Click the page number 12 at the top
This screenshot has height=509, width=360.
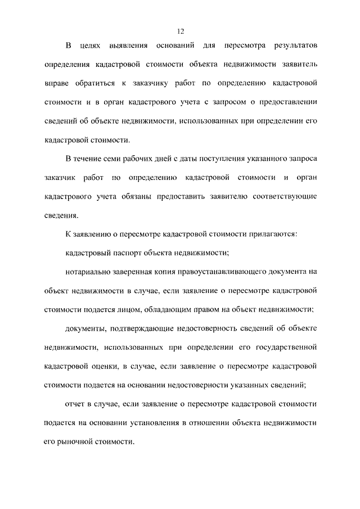pos(180,31)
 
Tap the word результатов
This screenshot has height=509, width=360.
pos(295,45)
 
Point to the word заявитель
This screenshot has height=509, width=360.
pos(298,64)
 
